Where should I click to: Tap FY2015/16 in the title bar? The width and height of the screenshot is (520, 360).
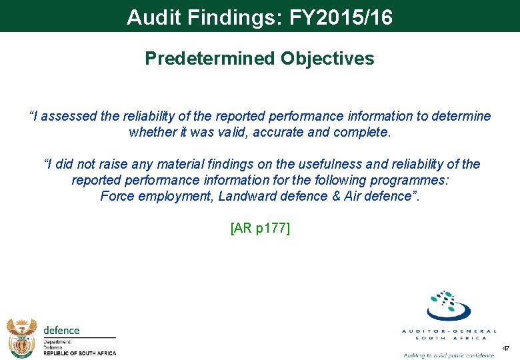[x=341, y=17]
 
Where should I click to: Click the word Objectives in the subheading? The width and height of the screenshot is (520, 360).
[x=327, y=59]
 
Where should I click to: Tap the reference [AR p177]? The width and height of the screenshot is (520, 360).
[x=260, y=228]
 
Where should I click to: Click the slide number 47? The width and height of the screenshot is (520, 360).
[x=505, y=348]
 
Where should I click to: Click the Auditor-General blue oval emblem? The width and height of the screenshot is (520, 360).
[x=449, y=307]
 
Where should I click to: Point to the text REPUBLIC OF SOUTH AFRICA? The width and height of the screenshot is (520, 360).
[x=79, y=353]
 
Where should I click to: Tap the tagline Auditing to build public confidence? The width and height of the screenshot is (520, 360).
[x=449, y=355]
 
